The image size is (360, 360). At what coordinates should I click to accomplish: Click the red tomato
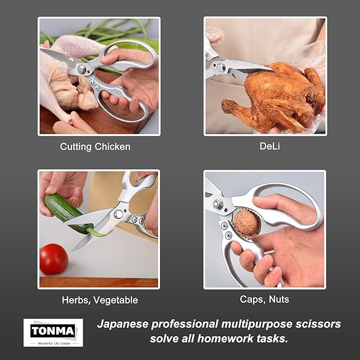pyautogui.click(x=54, y=259)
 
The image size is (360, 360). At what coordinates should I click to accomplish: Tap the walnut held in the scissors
pyautogui.click(x=247, y=223)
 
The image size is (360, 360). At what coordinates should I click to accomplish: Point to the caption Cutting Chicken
pyautogui.click(x=95, y=147)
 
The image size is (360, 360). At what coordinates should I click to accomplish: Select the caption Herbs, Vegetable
pyautogui.click(x=100, y=300)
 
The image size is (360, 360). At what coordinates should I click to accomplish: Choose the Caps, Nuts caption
pyautogui.click(x=265, y=300)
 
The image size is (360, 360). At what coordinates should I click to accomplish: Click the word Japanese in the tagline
pyautogui.click(x=122, y=324)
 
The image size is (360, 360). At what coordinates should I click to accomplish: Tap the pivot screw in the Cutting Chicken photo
pyautogui.click(x=82, y=69)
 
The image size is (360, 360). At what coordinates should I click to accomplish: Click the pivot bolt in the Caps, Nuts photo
pyautogui.click(x=217, y=204)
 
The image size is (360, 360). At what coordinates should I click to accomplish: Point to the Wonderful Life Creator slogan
pyautogui.click(x=53, y=343)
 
